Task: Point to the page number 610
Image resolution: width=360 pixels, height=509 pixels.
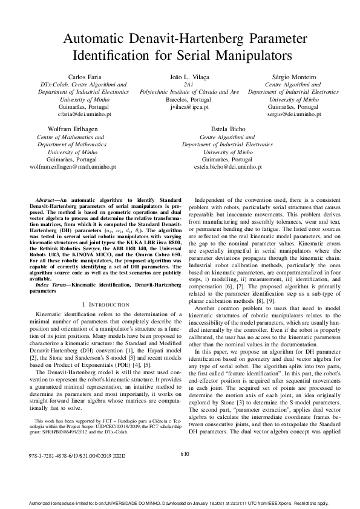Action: click(x=185, y=470)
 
